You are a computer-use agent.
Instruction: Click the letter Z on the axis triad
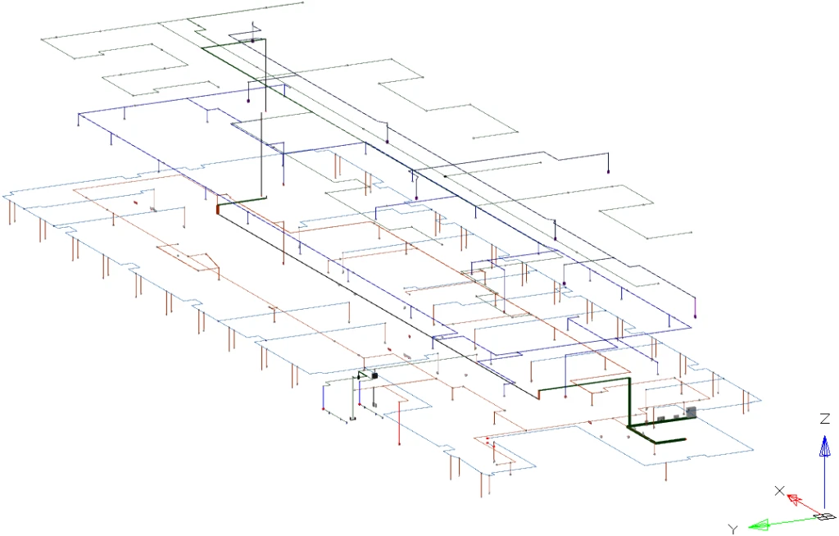coord(825,419)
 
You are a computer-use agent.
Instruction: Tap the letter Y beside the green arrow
coord(733,529)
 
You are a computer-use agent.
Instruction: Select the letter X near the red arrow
coord(779,491)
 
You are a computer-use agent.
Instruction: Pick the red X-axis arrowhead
coord(793,499)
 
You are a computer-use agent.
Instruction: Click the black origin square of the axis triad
coord(823,517)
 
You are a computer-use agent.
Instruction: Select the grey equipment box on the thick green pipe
coord(690,411)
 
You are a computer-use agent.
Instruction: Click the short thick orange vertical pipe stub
coord(217,209)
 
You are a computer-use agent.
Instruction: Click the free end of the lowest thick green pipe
coord(683,440)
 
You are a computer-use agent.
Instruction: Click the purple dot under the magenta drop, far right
coord(695,316)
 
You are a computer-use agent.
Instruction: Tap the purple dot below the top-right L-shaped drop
coord(609,172)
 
